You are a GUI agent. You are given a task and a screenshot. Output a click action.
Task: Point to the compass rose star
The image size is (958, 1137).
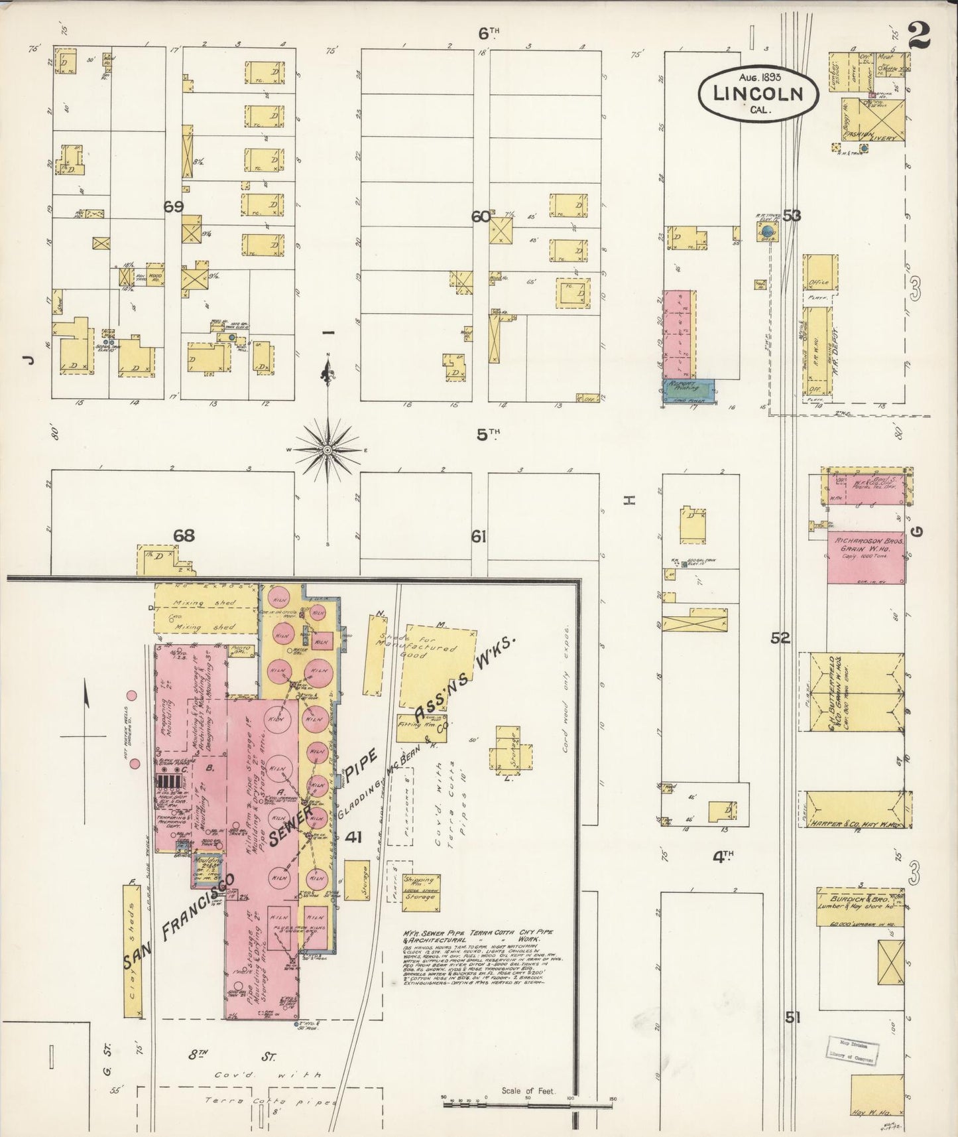pyautogui.click(x=327, y=450)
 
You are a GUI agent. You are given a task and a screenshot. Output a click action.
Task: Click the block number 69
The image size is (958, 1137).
pyautogui.click(x=174, y=207)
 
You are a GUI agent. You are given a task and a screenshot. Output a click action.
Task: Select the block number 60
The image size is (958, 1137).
pyautogui.click(x=480, y=217)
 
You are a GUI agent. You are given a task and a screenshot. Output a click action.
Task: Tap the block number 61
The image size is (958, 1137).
pyautogui.click(x=479, y=537)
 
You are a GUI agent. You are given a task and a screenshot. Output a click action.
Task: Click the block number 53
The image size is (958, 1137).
pyautogui.click(x=792, y=215)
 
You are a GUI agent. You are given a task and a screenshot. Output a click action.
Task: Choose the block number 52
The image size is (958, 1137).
pyautogui.click(x=780, y=638)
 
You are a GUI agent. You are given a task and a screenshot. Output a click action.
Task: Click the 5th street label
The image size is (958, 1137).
pyautogui.click(x=488, y=435)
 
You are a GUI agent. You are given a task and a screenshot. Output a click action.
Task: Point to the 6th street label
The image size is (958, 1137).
pyautogui.click(x=489, y=32)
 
